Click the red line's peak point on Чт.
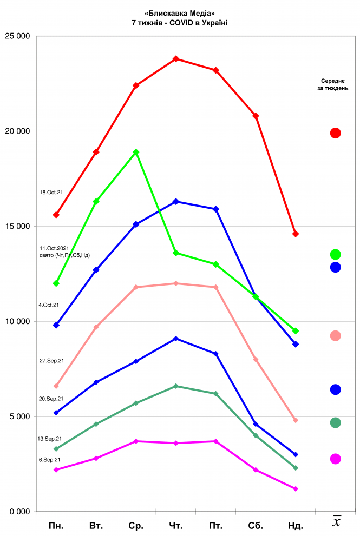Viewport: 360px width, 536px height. pos(176,58)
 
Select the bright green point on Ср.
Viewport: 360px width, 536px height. pos(136,152)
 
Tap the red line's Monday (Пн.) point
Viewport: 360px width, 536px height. pos(56,215)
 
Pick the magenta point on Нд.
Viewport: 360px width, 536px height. pos(296,489)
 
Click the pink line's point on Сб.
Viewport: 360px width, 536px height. pos(256,359)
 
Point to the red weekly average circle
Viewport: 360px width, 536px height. pos(335,133)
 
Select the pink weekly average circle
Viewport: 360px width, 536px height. pos(335,336)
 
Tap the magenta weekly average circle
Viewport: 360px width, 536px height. pos(335,459)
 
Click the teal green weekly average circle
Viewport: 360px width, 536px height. pos(335,422)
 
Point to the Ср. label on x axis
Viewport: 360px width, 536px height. pos(136,525)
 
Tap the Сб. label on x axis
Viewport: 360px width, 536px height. pos(256,525)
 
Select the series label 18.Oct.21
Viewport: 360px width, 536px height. pos(52,192)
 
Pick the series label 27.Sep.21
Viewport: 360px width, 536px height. pos(52,360)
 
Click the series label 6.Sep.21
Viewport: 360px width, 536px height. pos(49,459)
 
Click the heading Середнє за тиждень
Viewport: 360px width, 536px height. pos(333,84)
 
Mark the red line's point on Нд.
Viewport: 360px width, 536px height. pos(296,234)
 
